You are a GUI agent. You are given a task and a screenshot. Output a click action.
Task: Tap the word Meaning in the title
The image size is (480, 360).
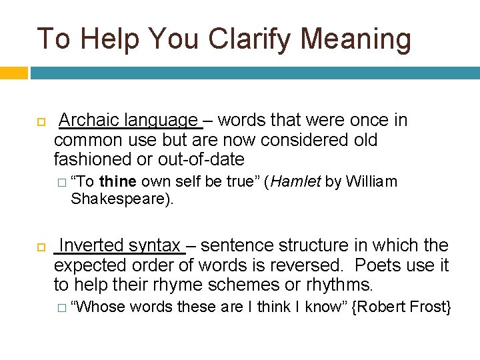[356, 39]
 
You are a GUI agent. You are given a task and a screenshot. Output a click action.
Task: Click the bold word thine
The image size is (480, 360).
[117, 182]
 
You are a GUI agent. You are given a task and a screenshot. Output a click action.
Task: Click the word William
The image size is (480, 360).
[371, 182]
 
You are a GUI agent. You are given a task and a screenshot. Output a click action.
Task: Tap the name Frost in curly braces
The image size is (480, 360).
[432, 307]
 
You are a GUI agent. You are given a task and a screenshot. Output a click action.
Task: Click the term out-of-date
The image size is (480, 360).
[201, 160]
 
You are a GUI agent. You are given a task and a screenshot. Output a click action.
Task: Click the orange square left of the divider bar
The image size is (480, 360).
[13, 72]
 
